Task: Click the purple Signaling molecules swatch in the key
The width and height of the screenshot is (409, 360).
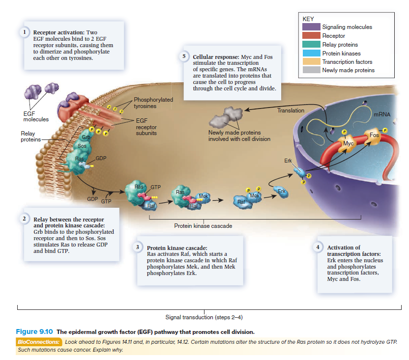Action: pyautogui.click(x=311, y=27)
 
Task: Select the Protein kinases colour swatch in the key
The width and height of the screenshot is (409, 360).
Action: pyautogui.click(x=311, y=54)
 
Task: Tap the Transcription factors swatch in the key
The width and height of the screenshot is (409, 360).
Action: pyautogui.click(x=311, y=62)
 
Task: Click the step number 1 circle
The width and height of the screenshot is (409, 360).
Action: pyautogui.click(x=23, y=32)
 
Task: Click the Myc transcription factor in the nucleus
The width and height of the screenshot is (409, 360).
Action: pyautogui.click(x=348, y=143)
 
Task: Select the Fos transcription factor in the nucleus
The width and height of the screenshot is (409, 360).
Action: pyautogui.click(x=375, y=134)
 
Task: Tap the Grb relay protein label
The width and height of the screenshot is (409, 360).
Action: pyautogui.click(x=86, y=136)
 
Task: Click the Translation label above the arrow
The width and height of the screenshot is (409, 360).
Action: pyautogui.click(x=291, y=111)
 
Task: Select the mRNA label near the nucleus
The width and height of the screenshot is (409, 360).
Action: pyautogui.click(x=381, y=114)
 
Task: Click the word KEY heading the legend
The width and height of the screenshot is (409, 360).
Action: pyautogui.click(x=308, y=19)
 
